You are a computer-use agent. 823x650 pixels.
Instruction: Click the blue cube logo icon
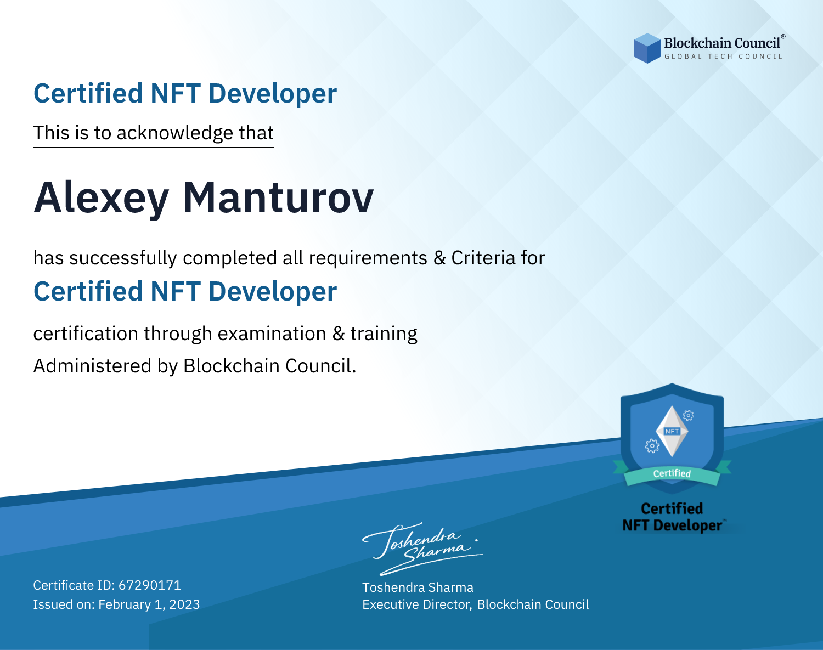pyautogui.click(x=647, y=48)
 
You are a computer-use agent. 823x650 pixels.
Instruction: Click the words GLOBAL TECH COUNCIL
pyautogui.click(x=724, y=56)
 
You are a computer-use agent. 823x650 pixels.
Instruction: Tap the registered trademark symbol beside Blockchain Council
pyautogui.click(x=783, y=37)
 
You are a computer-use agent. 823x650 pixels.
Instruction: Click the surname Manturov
pyautogui.click(x=278, y=198)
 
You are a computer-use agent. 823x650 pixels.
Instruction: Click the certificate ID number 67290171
pyautogui.click(x=150, y=585)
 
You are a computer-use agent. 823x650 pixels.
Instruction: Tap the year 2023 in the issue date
pyautogui.click(x=184, y=604)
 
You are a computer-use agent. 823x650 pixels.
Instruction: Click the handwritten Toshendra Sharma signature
pyautogui.click(x=422, y=549)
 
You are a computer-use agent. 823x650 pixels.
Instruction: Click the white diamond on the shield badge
pyautogui.click(x=672, y=431)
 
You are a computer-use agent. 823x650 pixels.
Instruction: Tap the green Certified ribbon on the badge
pyautogui.click(x=672, y=474)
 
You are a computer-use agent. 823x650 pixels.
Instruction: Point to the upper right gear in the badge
pyautogui.click(x=689, y=415)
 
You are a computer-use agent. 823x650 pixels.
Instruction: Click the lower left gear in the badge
pyautogui.click(x=652, y=446)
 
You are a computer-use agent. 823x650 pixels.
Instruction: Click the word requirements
pyautogui.click(x=368, y=258)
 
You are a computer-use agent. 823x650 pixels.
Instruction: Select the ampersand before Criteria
pyautogui.click(x=439, y=258)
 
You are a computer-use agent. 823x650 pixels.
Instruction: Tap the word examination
pyautogui.click(x=272, y=334)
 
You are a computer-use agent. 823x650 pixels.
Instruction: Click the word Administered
pyautogui.click(x=92, y=366)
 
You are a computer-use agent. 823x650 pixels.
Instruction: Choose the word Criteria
pyautogui.click(x=483, y=258)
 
